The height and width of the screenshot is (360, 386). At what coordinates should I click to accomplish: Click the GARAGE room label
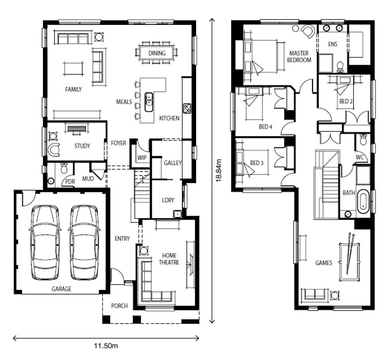(x=61, y=289)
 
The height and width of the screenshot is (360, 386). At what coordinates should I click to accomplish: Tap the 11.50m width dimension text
(x=106, y=346)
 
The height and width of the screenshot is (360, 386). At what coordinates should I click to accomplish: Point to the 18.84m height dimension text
(x=219, y=170)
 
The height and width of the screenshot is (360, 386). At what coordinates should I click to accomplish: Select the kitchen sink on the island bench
(x=149, y=102)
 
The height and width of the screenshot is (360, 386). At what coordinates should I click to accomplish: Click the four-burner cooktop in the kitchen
(x=187, y=108)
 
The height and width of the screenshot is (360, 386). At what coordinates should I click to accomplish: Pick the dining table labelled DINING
(x=157, y=53)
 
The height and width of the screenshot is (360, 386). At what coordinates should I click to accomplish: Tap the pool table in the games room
(x=349, y=262)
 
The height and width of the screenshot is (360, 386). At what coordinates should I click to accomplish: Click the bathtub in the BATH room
(x=363, y=201)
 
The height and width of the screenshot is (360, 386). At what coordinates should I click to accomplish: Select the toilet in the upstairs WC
(x=363, y=140)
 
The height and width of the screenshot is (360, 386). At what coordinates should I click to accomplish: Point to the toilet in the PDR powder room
(x=64, y=168)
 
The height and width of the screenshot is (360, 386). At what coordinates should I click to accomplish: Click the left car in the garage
(x=45, y=243)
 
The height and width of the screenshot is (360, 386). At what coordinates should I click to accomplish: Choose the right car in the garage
(x=84, y=243)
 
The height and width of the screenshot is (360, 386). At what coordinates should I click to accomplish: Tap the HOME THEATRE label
(x=169, y=259)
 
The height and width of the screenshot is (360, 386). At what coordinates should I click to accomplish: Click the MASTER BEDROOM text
(x=299, y=56)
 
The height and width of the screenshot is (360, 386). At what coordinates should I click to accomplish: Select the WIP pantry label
(x=142, y=158)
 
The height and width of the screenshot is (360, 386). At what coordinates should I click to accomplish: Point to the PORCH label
(x=119, y=306)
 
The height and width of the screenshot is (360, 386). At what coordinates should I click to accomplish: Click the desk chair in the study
(x=54, y=149)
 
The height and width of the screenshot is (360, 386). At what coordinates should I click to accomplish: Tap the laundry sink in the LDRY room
(x=177, y=214)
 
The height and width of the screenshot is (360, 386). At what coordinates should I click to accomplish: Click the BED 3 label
(x=257, y=163)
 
